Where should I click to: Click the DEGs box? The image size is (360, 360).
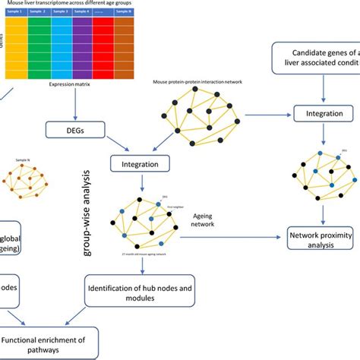pyautogui.click(x=74, y=131)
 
